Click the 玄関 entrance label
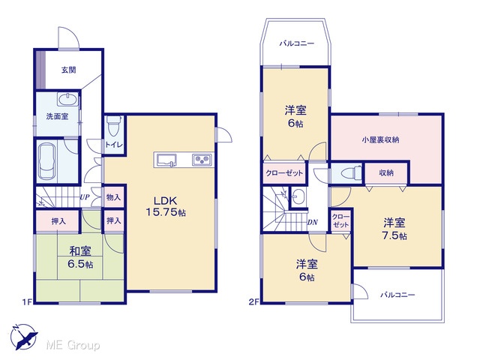(x=68, y=70)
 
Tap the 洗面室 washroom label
(x=57, y=116)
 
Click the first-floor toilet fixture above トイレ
(x=114, y=126)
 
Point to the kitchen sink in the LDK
(x=166, y=160)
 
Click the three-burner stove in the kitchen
(x=202, y=160)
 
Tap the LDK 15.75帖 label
(x=166, y=206)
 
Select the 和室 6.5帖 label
(x=80, y=257)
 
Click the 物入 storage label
(x=113, y=197)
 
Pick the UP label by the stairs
(x=85, y=197)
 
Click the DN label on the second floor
(x=313, y=222)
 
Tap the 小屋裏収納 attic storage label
(x=380, y=140)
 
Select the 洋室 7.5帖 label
(x=394, y=229)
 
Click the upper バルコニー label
(x=297, y=43)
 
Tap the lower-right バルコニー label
(x=397, y=295)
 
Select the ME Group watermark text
(x=73, y=345)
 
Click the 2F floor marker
(x=253, y=302)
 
